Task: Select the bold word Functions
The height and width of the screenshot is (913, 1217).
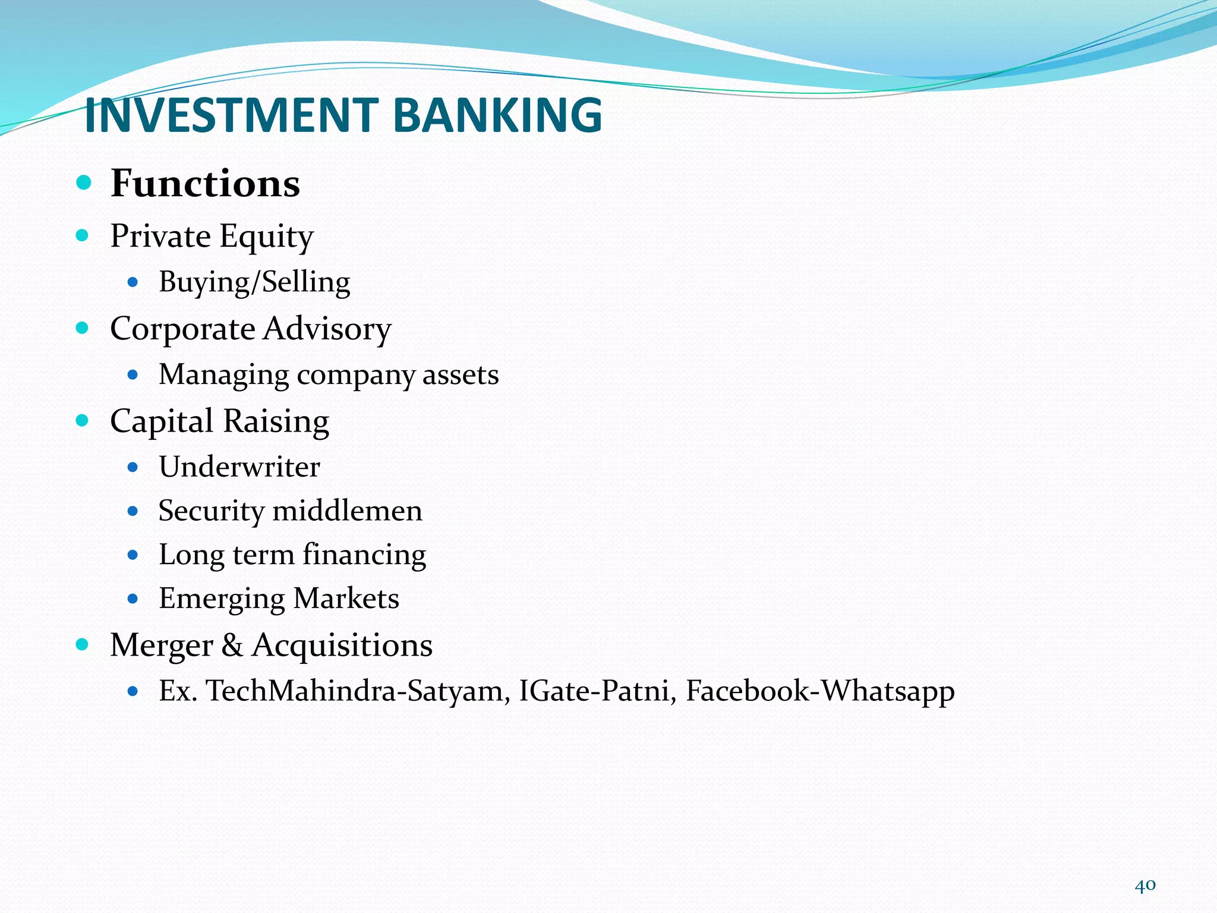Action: (x=205, y=183)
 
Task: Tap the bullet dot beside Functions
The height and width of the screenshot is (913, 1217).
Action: (x=84, y=182)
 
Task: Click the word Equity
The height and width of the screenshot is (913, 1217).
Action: (x=266, y=237)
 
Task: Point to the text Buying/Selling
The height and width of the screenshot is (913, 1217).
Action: (x=254, y=282)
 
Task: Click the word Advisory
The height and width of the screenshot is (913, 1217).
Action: (x=327, y=329)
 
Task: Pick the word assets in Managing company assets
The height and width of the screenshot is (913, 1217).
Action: (x=461, y=375)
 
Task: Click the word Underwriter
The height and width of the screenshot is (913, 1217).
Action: (x=239, y=467)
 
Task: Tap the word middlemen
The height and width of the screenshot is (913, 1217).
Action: (x=347, y=511)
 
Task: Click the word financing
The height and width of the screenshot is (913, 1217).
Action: (x=364, y=555)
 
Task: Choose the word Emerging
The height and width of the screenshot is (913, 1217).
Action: (x=222, y=599)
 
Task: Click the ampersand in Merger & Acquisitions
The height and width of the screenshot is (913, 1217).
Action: (x=232, y=646)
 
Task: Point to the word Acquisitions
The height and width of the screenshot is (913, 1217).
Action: (x=342, y=646)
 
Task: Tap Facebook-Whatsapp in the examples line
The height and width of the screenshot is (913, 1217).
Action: (x=820, y=691)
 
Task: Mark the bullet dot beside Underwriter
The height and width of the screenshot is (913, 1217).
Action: (x=133, y=467)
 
